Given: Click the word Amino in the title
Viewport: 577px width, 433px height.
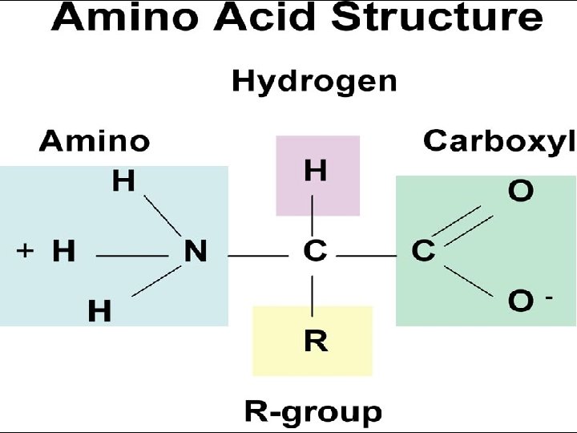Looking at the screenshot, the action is point(118,18).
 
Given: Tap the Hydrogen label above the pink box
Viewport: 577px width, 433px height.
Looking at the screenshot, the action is point(313,81).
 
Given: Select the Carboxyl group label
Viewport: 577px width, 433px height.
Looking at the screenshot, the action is point(498,141).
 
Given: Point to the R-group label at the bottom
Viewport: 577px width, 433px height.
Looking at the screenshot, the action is point(313,413).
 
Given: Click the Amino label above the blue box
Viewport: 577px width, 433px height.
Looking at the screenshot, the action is point(94,142).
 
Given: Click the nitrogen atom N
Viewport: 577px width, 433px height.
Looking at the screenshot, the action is point(195,253).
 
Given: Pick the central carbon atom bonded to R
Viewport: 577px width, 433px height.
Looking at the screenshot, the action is point(315,252).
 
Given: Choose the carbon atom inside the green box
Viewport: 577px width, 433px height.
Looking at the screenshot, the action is point(423,252).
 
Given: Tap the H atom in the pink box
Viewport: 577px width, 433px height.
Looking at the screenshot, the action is point(315,171).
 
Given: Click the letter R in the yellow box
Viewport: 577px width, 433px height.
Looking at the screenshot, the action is point(316,342).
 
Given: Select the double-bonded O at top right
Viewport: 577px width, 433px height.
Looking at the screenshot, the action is point(520,192).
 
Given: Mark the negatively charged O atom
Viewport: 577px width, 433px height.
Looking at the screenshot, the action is point(520,301).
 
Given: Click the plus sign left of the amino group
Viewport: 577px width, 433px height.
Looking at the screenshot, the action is point(25,251).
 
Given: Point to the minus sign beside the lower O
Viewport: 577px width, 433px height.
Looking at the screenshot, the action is point(549,297).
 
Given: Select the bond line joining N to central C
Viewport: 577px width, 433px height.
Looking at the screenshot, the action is point(258,256).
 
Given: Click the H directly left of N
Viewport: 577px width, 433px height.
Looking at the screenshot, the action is point(63,253).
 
